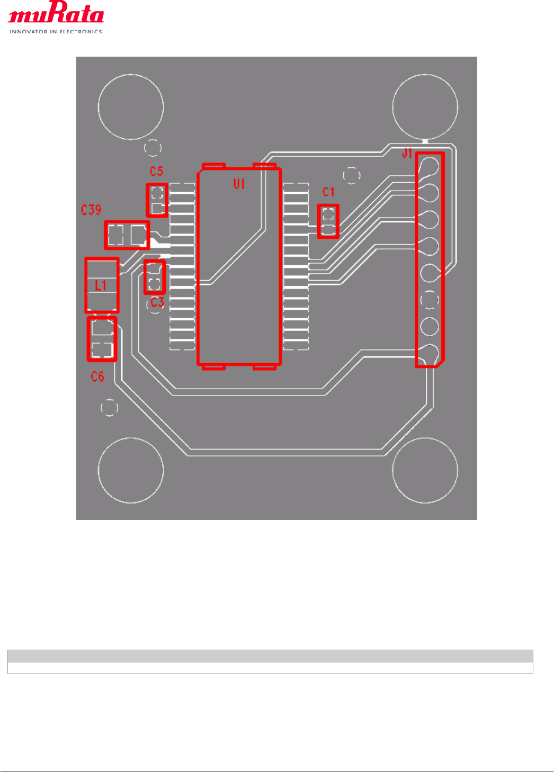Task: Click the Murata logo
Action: coord(56,14)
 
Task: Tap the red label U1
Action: coord(239,184)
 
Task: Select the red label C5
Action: coord(156,172)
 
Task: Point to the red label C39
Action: coord(91,210)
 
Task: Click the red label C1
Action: coord(328,192)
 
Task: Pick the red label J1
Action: coord(407,154)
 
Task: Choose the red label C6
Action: coord(97,376)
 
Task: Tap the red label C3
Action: coord(157,302)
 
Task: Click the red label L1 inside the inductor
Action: coord(101,286)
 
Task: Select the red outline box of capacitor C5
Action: coord(157,200)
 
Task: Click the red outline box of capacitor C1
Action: coord(328,221)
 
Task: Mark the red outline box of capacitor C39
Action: coord(127,235)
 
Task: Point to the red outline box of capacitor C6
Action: coord(102,339)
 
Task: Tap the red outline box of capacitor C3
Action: coord(155,276)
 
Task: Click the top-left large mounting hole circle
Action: coord(131,107)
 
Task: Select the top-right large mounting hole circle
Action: coord(425,106)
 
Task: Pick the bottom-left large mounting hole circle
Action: coord(131,470)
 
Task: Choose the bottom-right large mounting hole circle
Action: coord(425,470)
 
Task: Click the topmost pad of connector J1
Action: coord(430,166)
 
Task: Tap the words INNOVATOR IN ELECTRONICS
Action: coord(56,32)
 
